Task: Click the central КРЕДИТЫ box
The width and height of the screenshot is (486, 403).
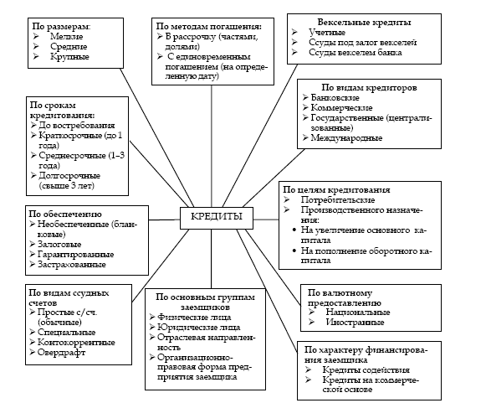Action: click(x=217, y=219)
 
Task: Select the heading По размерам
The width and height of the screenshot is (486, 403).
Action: click(x=61, y=26)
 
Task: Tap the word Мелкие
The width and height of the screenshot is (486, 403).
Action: click(x=67, y=36)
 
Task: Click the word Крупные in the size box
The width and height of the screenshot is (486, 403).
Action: click(x=69, y=56)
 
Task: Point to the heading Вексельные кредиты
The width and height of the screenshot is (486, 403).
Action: click(x=364, y=23)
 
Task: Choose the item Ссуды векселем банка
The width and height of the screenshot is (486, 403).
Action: click(x=356, y=52)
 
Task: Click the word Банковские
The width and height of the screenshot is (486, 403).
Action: click(x=335, y=97)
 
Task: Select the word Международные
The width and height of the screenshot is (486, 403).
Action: click(x=346, y=137)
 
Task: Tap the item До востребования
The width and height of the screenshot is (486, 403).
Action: click(x=77, y=125)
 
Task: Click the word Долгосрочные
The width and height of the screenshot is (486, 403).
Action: click(x=69, y=175)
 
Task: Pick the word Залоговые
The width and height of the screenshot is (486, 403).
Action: click(x=59, y=244)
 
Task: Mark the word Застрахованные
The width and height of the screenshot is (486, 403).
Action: click(x=72, y=264)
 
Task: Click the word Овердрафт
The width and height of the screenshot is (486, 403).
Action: click(x=61, y=353)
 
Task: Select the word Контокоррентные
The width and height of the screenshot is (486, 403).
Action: click(x=76, y=342)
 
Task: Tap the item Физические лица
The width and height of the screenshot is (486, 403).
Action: click(x=194, y=317)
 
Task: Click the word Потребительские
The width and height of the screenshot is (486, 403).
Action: click(x=338, y=199)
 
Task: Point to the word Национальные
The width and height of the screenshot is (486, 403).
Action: click(x=358, y=312)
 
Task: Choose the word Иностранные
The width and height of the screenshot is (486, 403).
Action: click(x=355, y=322)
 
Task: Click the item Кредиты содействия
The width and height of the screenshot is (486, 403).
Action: click(x=366, y=369)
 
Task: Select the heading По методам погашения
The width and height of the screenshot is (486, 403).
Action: click(x=208, y=26)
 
